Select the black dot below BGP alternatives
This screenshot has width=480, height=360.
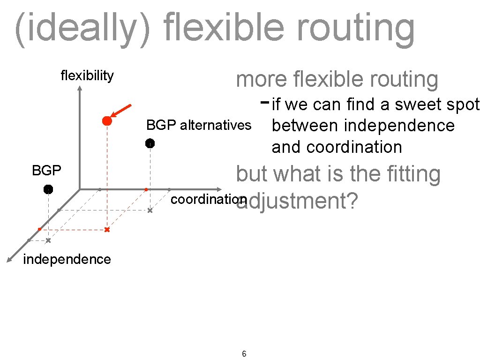tap(150, 143)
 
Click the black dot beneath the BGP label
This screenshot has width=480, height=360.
tap(48, 189)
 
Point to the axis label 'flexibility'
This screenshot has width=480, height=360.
tap(87, 76)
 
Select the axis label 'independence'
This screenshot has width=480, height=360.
tap(67, 259)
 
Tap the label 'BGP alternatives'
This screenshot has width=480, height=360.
tap(199, 126)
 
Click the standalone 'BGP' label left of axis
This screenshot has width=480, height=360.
tap(46, 171)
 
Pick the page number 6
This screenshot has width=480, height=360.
tap(244, 353)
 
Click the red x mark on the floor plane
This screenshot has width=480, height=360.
tap(107, 230)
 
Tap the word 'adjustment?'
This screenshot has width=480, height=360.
tap(298, 202)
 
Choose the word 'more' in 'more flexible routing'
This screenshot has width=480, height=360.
tap(261, 80)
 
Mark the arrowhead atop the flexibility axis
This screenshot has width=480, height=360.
tap(80, 91)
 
